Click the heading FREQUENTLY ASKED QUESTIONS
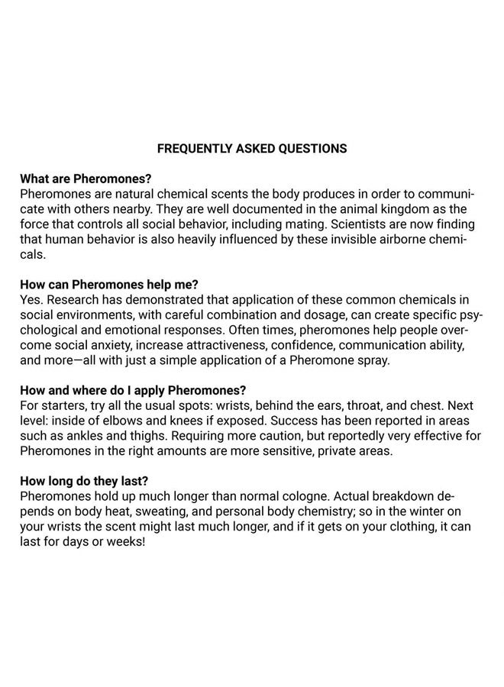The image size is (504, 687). [251, 148]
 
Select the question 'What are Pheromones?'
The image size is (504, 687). [86, 179]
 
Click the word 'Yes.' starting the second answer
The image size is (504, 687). [32, 298]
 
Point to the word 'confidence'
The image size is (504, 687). [302, 344]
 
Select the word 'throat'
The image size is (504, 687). [327, 404]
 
